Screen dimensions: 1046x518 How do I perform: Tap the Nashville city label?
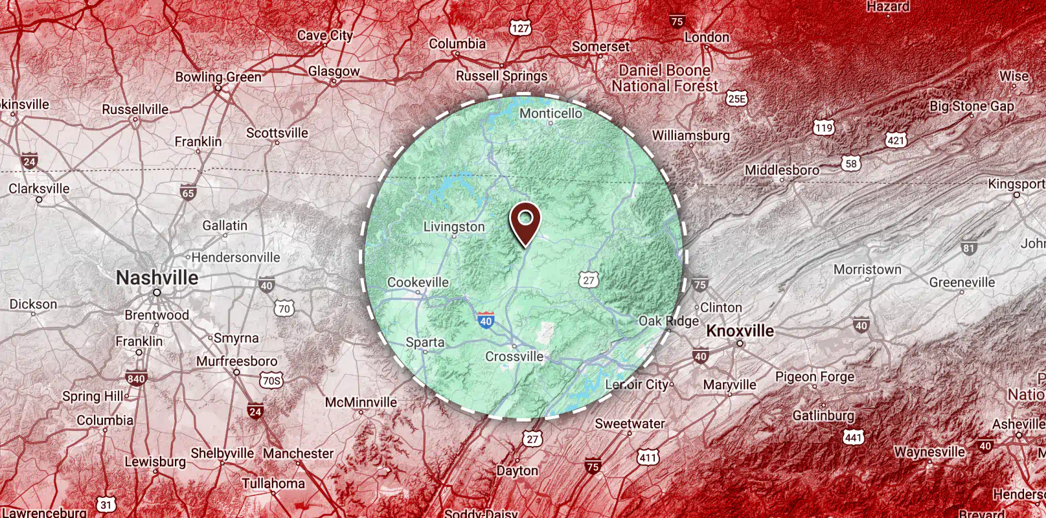coord(157,278)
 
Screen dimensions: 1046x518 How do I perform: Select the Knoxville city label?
coord(740,331)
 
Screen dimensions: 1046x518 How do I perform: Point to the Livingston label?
coord(453,227)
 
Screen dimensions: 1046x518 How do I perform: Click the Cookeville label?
coord(418,282)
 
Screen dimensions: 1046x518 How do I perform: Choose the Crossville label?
coord(514,356)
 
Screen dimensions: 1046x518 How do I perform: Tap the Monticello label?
coord(551,113)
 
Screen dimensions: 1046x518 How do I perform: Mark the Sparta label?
coord(425,342)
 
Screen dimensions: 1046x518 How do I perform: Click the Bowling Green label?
coord(218,77)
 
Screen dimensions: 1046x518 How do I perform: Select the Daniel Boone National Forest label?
coord(665,78)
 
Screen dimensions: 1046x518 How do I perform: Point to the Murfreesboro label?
coord(236,361)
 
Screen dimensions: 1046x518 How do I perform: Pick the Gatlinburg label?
coord(823,414)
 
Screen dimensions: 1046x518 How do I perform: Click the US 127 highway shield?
coord(520,28)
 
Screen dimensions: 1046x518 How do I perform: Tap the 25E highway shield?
coord(736,98)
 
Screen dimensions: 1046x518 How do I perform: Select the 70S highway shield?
coord(271,380)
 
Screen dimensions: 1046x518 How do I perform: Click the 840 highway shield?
coord(136,379)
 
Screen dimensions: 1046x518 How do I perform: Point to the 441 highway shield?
coord(854,437)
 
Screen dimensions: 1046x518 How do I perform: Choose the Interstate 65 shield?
coord(188,192)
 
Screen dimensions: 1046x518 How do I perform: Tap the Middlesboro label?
coord(782,170)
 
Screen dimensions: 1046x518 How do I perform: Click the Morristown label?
coord(867,269)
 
